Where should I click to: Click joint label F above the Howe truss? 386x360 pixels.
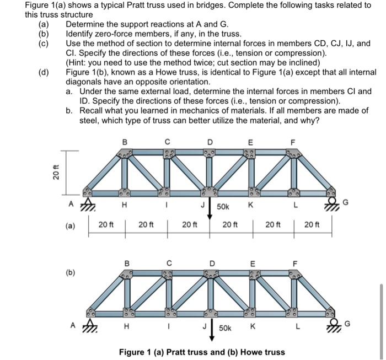tap(294, 263)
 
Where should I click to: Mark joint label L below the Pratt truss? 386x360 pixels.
tap(295, 206)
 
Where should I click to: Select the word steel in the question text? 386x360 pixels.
tap(90, 120)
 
